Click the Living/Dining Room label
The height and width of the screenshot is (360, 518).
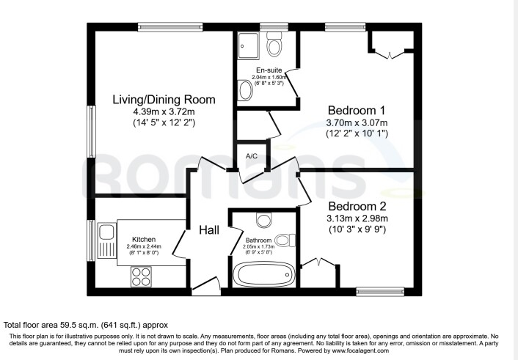click(164, 100)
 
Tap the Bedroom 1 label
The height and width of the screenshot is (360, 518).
click(357, 110)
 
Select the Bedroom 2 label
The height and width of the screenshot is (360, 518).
click(357, 206)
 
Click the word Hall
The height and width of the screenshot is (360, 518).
click(209, 230)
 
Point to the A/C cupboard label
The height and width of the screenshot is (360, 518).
click(252, 156)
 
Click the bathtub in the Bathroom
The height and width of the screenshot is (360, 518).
click(264, 274)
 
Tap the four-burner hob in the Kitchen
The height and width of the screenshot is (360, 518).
click(142, 276)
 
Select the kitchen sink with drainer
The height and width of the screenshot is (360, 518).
click(106, 240)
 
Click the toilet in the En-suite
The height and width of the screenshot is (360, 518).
click(274, 44)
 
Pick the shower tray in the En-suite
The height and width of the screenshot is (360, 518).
click(248, 45)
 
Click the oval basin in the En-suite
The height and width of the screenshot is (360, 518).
click(246, 90)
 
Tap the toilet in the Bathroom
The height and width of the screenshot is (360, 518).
click(285, 240)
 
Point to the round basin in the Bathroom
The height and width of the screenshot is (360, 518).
click(264, 220)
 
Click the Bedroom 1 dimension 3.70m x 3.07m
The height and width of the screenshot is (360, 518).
click(357, 123)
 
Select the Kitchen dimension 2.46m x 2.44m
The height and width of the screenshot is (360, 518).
click(144, 246)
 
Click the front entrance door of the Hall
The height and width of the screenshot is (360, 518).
click(206, 287)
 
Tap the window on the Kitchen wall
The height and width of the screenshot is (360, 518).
click(91, 240)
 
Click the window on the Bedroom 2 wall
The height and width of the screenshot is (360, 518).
click(380, 291)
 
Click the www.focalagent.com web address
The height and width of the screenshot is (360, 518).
click(360, 350)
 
